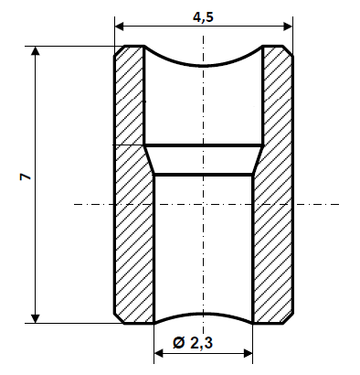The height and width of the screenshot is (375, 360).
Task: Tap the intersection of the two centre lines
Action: click(x=203, y=203)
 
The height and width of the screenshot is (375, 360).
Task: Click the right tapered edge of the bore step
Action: click(x=258, y=160)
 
